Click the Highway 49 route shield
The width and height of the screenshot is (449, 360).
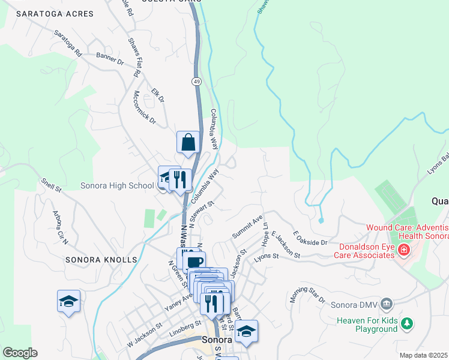pos(196,80)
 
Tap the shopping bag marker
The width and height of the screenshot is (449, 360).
pos(188,143)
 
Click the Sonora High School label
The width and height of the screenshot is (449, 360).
pos(117,185)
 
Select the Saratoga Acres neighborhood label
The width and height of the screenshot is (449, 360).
pos(55,13)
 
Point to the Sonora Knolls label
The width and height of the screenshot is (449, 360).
pos(103,260)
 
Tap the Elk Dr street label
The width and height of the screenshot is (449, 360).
pos(158,95)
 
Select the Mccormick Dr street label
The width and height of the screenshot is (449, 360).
pos(144,108)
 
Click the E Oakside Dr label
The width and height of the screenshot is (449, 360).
pos(310,238)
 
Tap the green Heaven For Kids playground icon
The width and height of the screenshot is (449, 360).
pos(407,324)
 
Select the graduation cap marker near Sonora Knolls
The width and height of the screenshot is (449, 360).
pos(68,301)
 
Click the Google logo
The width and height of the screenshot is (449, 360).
pos(20,353)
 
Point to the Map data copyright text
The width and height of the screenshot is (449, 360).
pos(423,355)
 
